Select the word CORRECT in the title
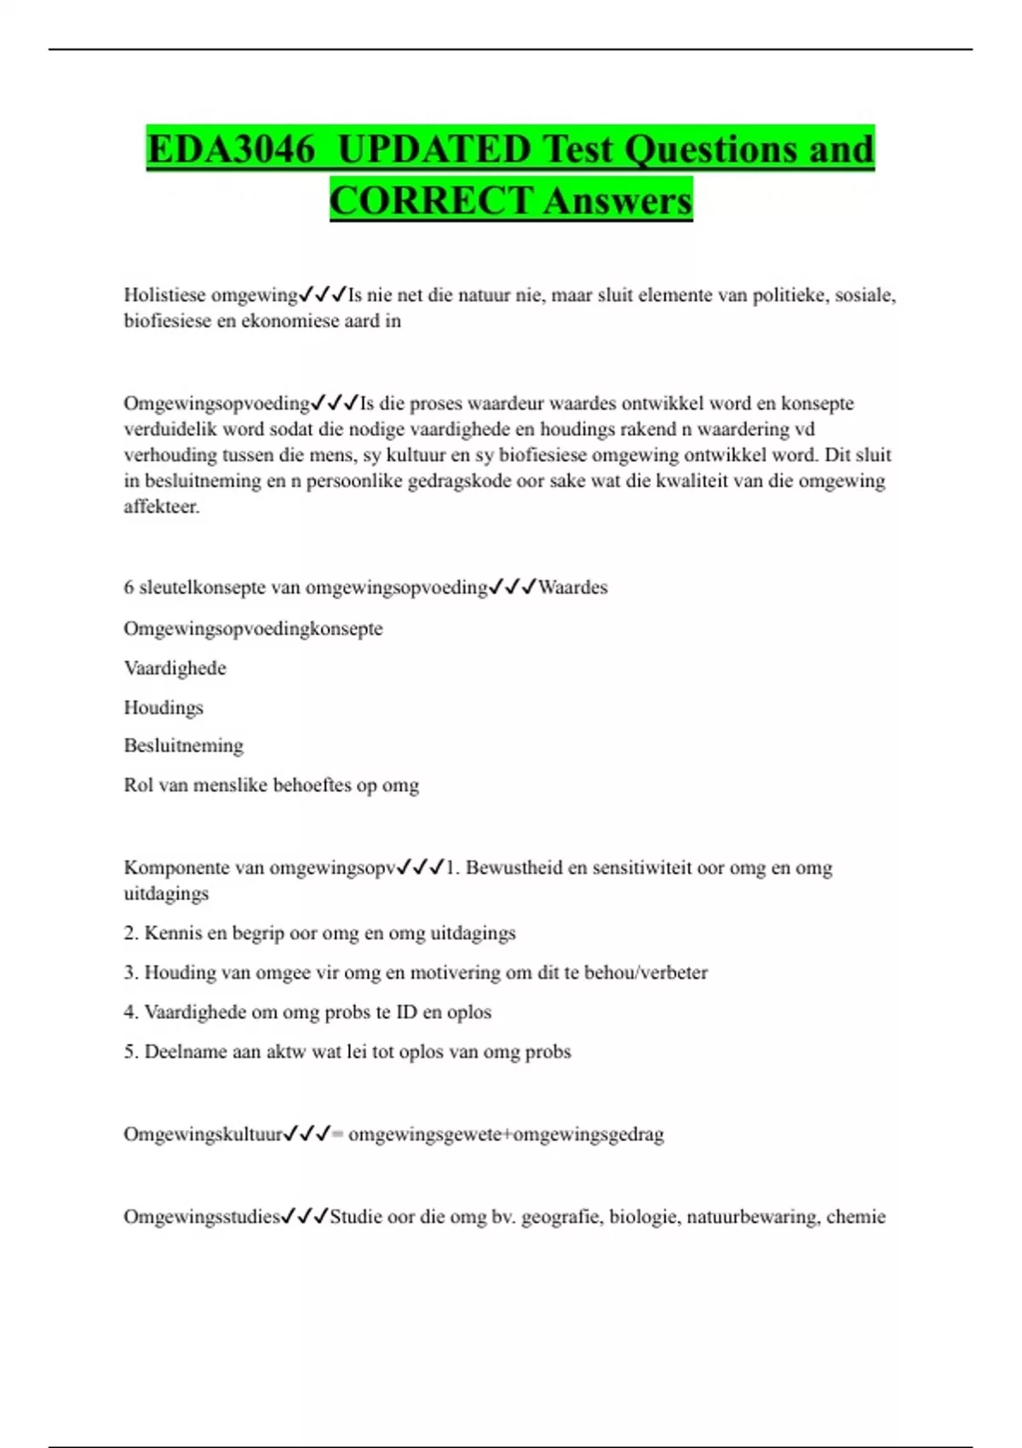pos(431,201)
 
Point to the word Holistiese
pos(164,296)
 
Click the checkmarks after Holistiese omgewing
pos(323,296)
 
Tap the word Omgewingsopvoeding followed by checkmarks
pos(216,403)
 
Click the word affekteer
pos(162,507)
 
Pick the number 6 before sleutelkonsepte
pos(129,588)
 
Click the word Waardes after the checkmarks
pos(572,588)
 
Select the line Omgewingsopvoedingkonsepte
pos(253,629)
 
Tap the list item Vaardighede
pos(175,669)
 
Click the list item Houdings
pos(164,708)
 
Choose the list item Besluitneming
pos(183,746)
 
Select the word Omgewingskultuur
pos(203,1135)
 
